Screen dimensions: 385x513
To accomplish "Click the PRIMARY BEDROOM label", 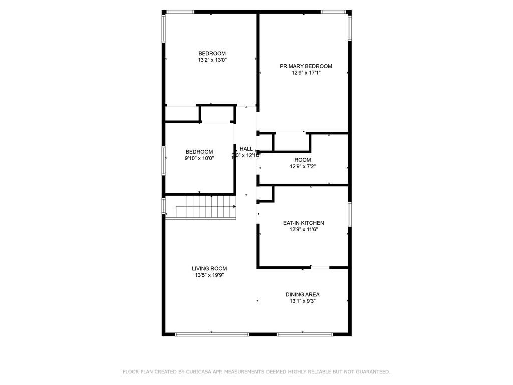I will tap(306, 66).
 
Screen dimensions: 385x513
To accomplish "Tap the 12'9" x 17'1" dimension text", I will tap(306, 73).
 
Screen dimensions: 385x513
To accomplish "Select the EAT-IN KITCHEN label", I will tap(304, 223).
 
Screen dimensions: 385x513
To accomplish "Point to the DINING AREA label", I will tap(303, 294).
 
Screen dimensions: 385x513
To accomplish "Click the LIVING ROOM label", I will tap(209, 269).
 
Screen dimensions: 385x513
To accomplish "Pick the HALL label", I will tap(246, 149).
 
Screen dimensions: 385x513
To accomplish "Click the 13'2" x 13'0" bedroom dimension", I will tap(212, 60).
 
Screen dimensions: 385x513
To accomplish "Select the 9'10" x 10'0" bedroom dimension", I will tap(199, 158).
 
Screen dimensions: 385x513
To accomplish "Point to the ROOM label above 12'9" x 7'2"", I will tap(303, 160).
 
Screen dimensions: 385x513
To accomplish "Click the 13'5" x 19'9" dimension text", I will tap(209, 275).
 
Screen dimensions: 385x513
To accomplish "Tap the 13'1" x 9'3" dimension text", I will tap(303, 301).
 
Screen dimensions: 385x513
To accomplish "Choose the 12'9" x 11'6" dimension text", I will tap(304, 230).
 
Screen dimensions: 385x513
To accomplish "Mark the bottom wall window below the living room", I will tap(212, 334).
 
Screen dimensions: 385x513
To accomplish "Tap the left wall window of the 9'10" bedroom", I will tap(163, 160).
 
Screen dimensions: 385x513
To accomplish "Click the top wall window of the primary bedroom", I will tap(335, 11).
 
